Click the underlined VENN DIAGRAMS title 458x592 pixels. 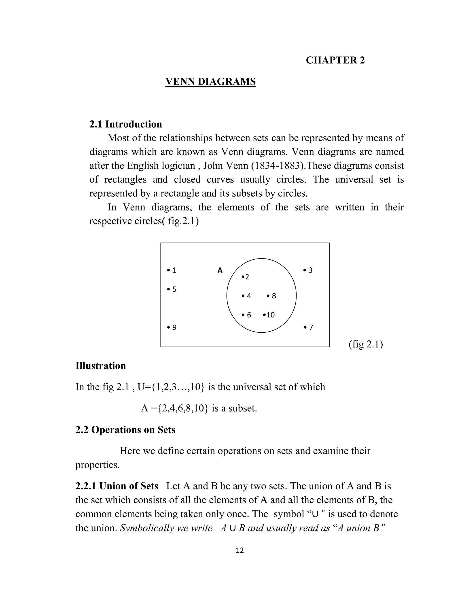point(210,82)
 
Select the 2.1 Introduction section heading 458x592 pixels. point(126,124)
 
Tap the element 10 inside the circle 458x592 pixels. point(269,315)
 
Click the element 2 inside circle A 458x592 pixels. point(246,277)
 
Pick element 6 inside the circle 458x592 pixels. point(247,315)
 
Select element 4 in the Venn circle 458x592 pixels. point(247,296)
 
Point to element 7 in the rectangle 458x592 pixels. point(309,327)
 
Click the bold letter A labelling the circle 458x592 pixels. point(220,270)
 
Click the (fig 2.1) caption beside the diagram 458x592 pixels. point(365,344)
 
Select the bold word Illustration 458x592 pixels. point(101,366)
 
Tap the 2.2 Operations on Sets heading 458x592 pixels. point(125,430)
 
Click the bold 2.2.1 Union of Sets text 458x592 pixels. point(117,486)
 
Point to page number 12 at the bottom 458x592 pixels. point(240,550)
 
